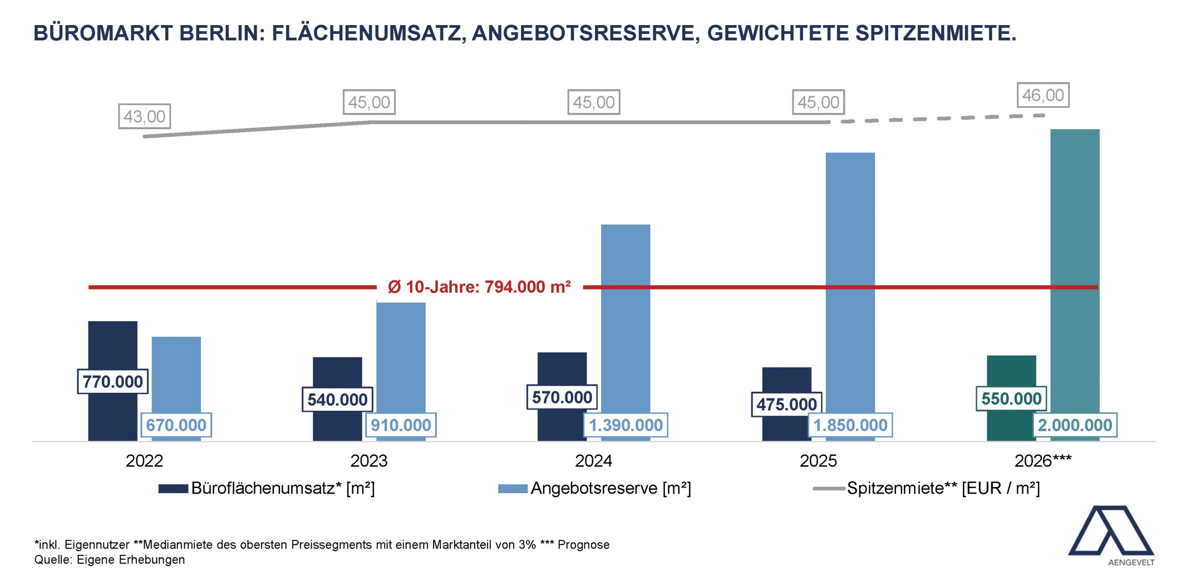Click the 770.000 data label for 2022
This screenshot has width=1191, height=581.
113,382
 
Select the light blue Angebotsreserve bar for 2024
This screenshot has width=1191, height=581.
625,316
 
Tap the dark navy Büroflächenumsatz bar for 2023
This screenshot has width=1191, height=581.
337,372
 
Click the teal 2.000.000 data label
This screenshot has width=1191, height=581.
1075,425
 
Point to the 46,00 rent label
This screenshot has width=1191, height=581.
1043,95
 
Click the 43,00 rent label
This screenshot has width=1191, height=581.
144,116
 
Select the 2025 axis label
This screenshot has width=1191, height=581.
818,461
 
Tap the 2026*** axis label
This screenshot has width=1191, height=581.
1043,461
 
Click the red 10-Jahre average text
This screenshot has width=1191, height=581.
479,287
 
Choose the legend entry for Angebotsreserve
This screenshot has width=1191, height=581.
595,489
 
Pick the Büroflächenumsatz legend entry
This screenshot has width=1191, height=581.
267,489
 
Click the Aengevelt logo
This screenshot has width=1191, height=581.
1111,535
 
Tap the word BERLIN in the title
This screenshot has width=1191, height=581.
222,33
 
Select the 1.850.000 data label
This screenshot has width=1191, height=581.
850,425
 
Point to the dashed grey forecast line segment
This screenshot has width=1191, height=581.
935,119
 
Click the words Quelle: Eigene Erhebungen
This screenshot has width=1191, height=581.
109,560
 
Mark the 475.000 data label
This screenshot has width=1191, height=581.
786,404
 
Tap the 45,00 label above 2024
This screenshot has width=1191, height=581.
594,102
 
